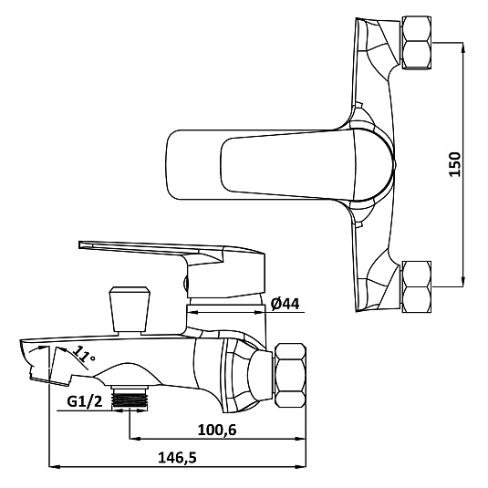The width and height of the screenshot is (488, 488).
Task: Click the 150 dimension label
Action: tap(454, 164)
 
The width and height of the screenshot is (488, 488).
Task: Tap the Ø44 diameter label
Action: tap(286, 304)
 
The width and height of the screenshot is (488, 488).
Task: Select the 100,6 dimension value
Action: tap(217, 431)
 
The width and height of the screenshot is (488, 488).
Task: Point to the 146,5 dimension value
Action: tap(177, 458)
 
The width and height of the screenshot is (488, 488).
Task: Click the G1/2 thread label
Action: tap(85, 401)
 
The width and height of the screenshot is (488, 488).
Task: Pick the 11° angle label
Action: tap(84, 356)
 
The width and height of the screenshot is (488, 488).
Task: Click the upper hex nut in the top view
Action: tap(417, 43)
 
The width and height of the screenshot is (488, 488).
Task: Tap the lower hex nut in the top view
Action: tap(417, 286)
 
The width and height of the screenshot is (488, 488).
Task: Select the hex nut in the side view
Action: tap(291, 375)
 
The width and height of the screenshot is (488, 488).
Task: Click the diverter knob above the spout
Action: tap(130, 309)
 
